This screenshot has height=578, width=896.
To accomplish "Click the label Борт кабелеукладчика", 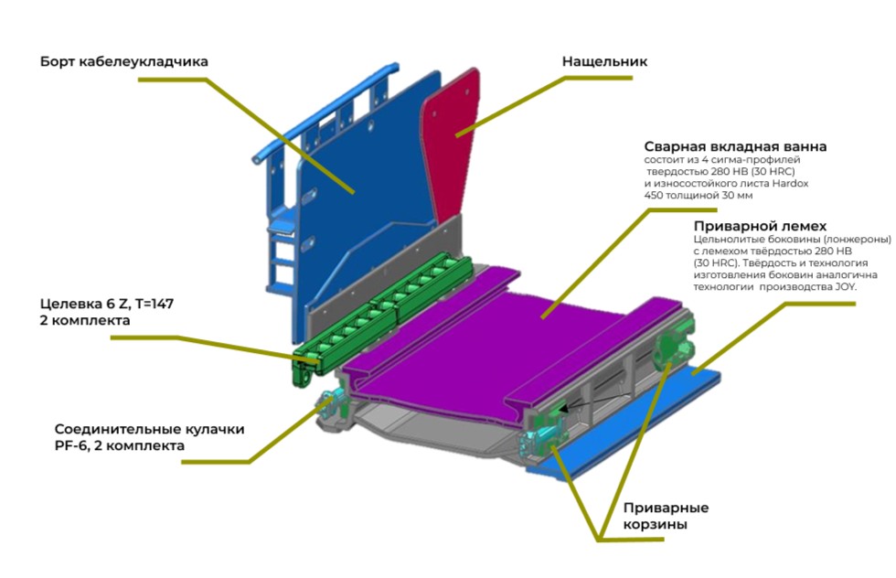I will coord(124,61).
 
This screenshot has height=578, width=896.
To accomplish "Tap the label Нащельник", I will coord(604,61).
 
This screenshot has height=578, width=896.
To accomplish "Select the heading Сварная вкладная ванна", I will coord(735,146).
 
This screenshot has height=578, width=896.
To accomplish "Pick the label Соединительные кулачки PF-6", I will coord(149,437).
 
